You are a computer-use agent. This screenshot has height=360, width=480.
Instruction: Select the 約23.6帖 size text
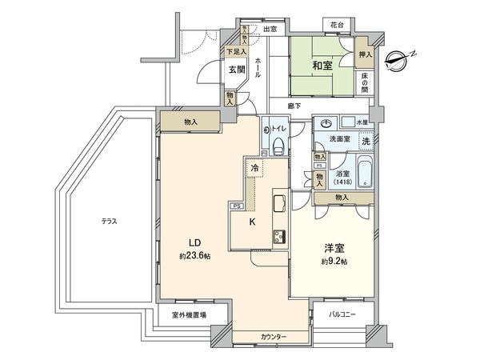194,257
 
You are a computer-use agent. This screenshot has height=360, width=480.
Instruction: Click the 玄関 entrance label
236,70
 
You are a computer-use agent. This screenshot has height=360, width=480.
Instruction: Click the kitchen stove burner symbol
280,235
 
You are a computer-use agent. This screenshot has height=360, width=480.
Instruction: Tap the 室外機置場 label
188,315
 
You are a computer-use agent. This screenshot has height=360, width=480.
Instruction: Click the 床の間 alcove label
365,80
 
